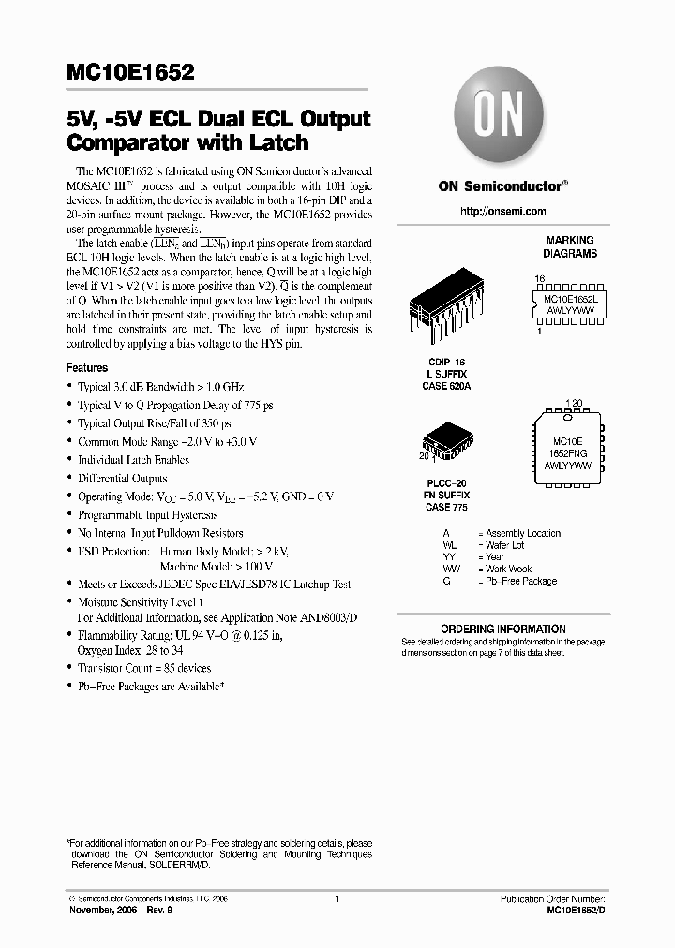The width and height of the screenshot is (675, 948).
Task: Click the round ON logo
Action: (x=502, y=120)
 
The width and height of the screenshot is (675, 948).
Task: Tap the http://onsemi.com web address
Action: (x=502, y=212)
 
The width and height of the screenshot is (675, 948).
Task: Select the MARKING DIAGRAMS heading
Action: (x=570, y=247)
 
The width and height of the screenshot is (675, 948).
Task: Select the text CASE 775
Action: (x=445, y=507)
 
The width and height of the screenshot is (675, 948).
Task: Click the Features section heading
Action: (x=87, y=368)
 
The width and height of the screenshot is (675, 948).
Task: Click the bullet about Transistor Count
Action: (x=144, y=668)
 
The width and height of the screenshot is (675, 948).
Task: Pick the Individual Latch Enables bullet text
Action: (x=133, y=460)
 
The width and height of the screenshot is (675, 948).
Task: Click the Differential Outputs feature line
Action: (x=125, y=478)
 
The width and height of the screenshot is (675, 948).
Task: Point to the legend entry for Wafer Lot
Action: (x=503, y=545)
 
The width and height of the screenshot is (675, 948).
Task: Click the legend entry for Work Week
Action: (x=506, y=569)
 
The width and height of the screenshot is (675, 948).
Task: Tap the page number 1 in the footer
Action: (x=337, y=898)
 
